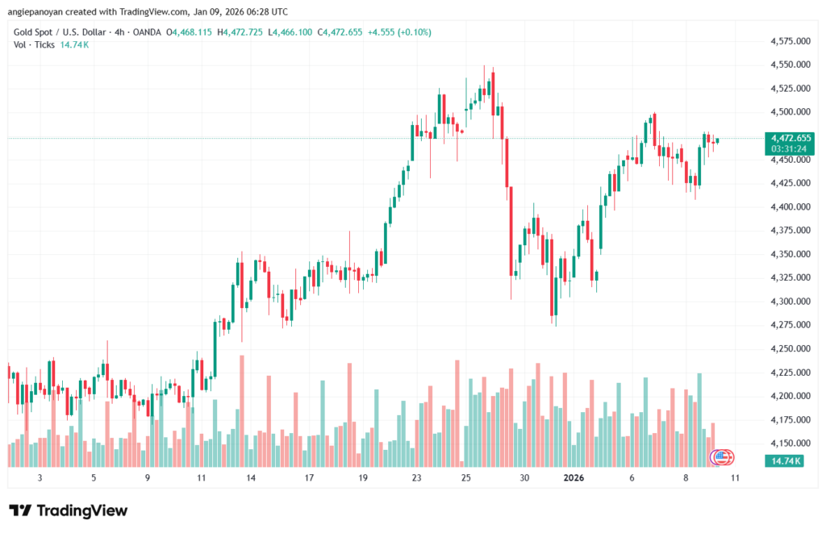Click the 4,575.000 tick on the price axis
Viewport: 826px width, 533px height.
791,40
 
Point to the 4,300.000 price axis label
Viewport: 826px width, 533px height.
791,302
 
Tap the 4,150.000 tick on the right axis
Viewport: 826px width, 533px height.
791,443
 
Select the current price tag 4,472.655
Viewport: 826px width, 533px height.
791,138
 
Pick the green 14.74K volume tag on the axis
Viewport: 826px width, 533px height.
785,460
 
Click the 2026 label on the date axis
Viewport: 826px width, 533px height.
574,478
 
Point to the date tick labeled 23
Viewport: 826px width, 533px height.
416,478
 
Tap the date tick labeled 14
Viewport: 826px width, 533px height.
252,478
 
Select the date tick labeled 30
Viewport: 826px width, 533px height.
524,478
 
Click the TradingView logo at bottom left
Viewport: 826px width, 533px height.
68,510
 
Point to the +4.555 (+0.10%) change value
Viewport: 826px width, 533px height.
398,32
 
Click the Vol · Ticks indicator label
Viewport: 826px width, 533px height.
35,44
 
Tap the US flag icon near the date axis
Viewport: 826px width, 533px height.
723,457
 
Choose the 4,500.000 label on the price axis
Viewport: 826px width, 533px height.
791,112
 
